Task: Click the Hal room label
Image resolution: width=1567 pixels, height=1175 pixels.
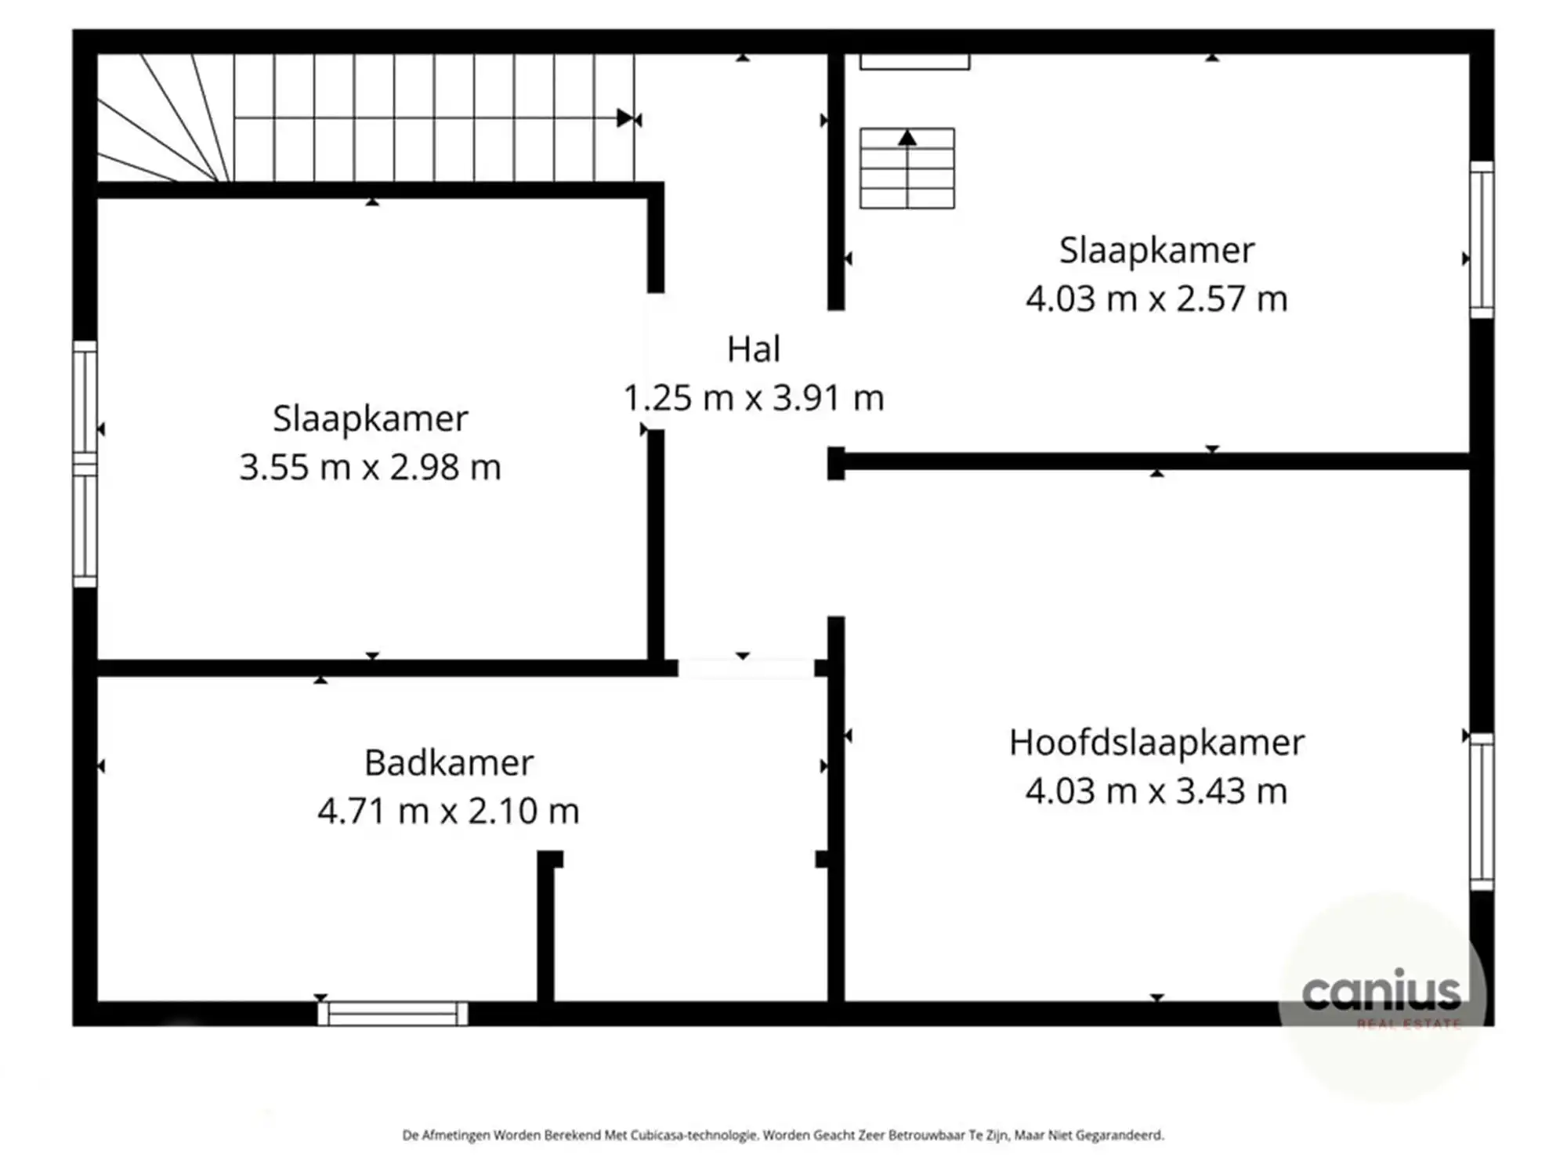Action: [x=753, y=349]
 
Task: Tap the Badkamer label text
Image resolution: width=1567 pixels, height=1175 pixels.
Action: [x=449, y=763]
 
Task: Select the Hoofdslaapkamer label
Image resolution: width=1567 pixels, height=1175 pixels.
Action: [x=1156, y=743]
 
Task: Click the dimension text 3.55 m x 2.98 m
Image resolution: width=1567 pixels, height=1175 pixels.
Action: [x=370, y=468]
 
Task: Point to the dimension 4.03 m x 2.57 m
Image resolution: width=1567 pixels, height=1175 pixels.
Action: [x=1156, y=299]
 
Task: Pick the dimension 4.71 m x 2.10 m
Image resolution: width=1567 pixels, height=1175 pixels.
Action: [x=448, y=812]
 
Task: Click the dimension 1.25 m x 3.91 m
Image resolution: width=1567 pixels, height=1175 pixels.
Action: [x=753, y=398]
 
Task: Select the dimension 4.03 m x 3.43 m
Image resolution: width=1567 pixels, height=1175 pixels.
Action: [x=1156, y=791]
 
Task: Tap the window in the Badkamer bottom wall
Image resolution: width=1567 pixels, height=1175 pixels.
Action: [x=393, y=1014]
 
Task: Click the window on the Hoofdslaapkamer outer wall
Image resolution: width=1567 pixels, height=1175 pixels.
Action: [x=1481, y=811]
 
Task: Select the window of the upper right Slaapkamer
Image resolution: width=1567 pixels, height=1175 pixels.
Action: [x=1481, y=240]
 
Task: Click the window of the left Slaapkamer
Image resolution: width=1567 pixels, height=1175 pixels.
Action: [x=85, y=464]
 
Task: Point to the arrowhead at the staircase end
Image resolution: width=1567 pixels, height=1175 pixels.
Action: [x=624, y=118]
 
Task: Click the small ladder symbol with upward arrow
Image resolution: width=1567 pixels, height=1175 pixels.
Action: [x=907, y=168]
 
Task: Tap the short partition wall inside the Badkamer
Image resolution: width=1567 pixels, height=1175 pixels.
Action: [x=546, y=928]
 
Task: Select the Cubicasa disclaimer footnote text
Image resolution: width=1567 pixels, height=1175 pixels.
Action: [x=783, y=1134]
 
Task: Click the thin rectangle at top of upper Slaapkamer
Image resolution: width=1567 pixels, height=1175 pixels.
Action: [x=914, y=62]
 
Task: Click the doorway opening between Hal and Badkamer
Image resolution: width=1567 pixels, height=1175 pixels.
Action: [x=745, y=668]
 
